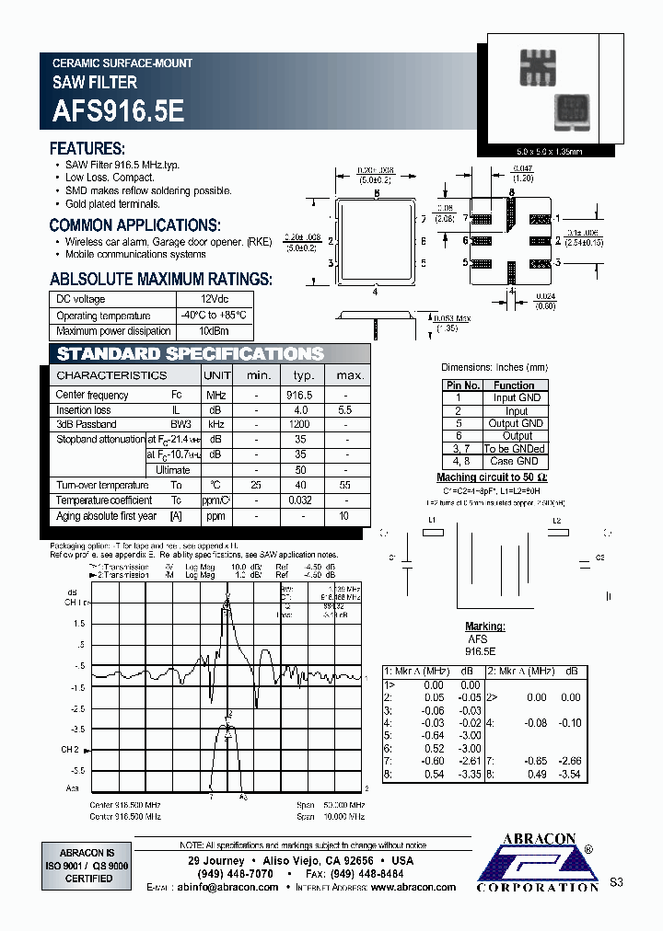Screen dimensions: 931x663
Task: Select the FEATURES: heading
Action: pos(87,149)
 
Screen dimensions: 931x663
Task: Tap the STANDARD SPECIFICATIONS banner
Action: pos(191,354)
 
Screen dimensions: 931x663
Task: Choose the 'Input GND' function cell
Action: pos(517,397)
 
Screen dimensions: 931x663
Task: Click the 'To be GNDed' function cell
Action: pos(517,449)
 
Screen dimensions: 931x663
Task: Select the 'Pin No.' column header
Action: pos(462,385)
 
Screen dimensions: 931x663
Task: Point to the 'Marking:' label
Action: pos(484,626)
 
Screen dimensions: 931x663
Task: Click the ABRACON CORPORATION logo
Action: pos(538,863)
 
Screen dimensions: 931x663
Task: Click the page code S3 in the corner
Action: pos(616,882)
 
